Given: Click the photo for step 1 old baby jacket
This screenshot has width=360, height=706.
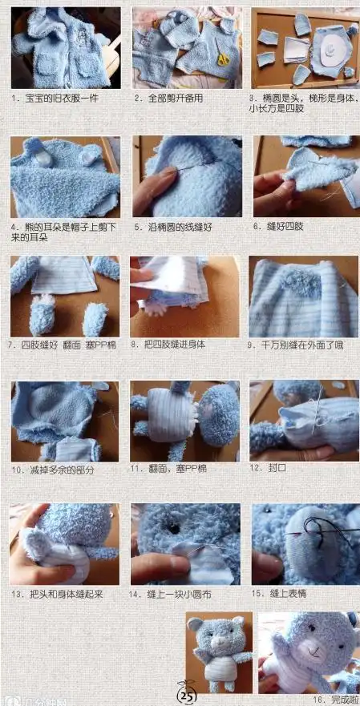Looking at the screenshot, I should click(66, 47).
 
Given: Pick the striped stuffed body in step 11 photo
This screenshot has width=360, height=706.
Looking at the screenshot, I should click(166, 422).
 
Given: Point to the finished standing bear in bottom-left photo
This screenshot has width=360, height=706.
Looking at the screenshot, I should click(220, 653).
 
